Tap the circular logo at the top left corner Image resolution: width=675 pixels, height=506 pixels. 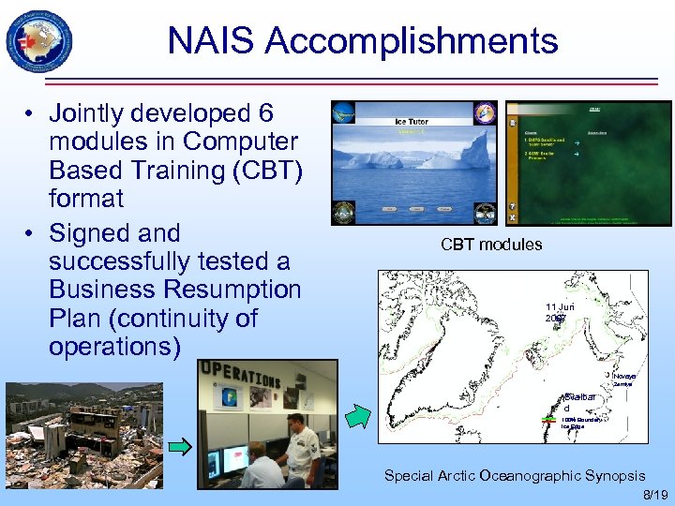(38, 41)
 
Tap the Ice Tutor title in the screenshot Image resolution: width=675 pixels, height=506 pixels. (413, 121)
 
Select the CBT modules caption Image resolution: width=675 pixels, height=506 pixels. (491, 245)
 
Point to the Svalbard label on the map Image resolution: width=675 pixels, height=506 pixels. (578, 402)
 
